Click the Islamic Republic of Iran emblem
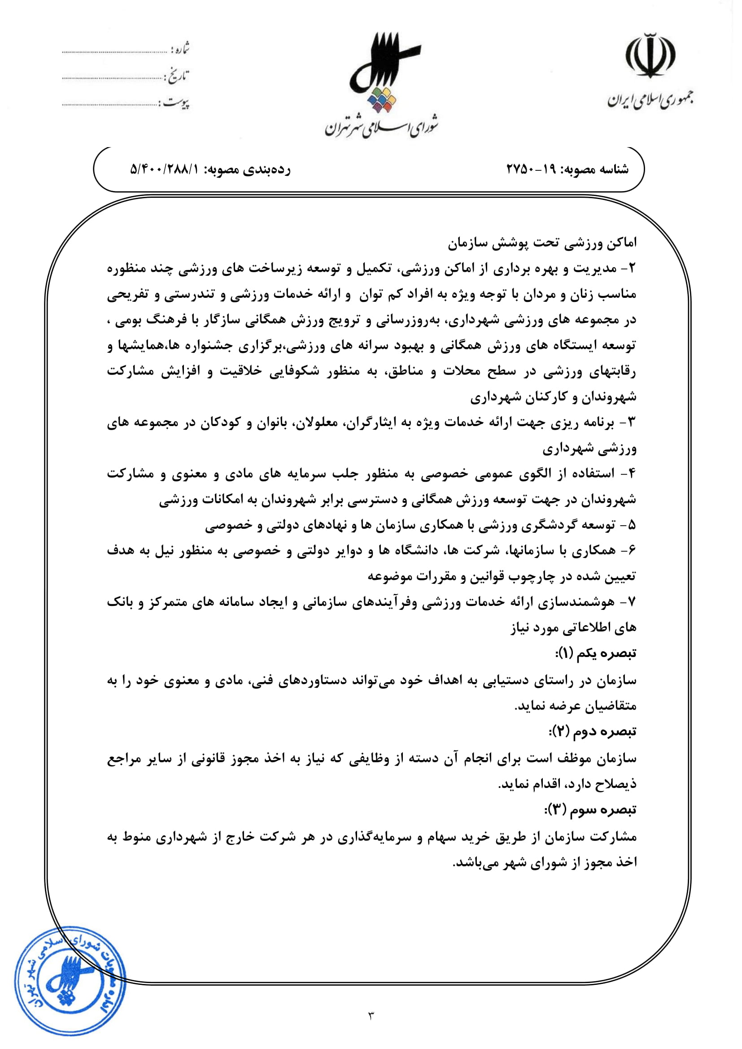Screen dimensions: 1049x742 click(650, 56)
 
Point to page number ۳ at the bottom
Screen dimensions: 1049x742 click(371, 1015)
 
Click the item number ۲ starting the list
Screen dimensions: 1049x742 click(632, 269)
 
